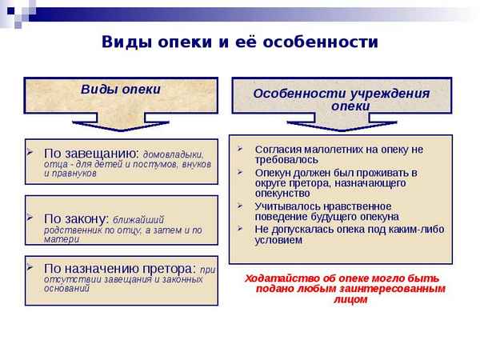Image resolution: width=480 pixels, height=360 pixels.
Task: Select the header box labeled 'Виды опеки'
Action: (x=121, y=89)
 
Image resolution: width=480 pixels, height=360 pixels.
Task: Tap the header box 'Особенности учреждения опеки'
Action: (x=342, y=98)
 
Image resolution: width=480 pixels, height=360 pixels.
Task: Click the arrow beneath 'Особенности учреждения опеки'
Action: (x=342, y=125)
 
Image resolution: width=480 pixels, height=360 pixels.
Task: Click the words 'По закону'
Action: (x=75, y=218)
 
